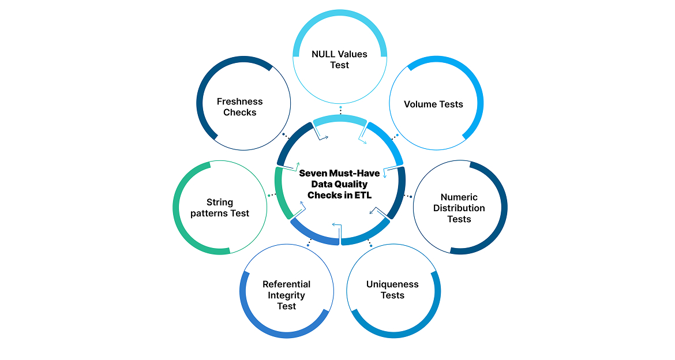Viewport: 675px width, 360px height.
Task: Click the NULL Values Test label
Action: tap(339, 59)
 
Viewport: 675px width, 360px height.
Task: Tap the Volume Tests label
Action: tap(433, 104)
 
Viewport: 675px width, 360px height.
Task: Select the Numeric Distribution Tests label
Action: tap(459, 208)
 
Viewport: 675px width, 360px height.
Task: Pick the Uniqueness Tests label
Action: tap(392, 290)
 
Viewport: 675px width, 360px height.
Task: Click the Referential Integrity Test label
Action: tap(286, 295)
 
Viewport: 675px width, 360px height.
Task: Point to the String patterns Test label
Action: tap(220, 208)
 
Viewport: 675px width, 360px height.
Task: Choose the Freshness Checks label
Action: tap(239, 107)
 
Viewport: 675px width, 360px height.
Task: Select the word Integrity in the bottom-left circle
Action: tap(286, 295)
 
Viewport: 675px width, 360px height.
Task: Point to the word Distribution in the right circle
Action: tap(459, 208)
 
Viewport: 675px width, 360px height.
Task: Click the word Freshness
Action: tap(239, 102)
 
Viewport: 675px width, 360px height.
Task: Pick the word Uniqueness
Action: tap(392, 284)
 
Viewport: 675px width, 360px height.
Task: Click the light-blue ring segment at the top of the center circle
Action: tap(340, 119)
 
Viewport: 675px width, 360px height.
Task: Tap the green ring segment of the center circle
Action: tap(279, 191)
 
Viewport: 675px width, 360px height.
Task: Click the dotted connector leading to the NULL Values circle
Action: tap(340, 110)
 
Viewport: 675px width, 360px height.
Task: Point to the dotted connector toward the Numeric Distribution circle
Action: tap(408, 196)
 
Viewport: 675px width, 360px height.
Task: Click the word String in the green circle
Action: tap(220, 202)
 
